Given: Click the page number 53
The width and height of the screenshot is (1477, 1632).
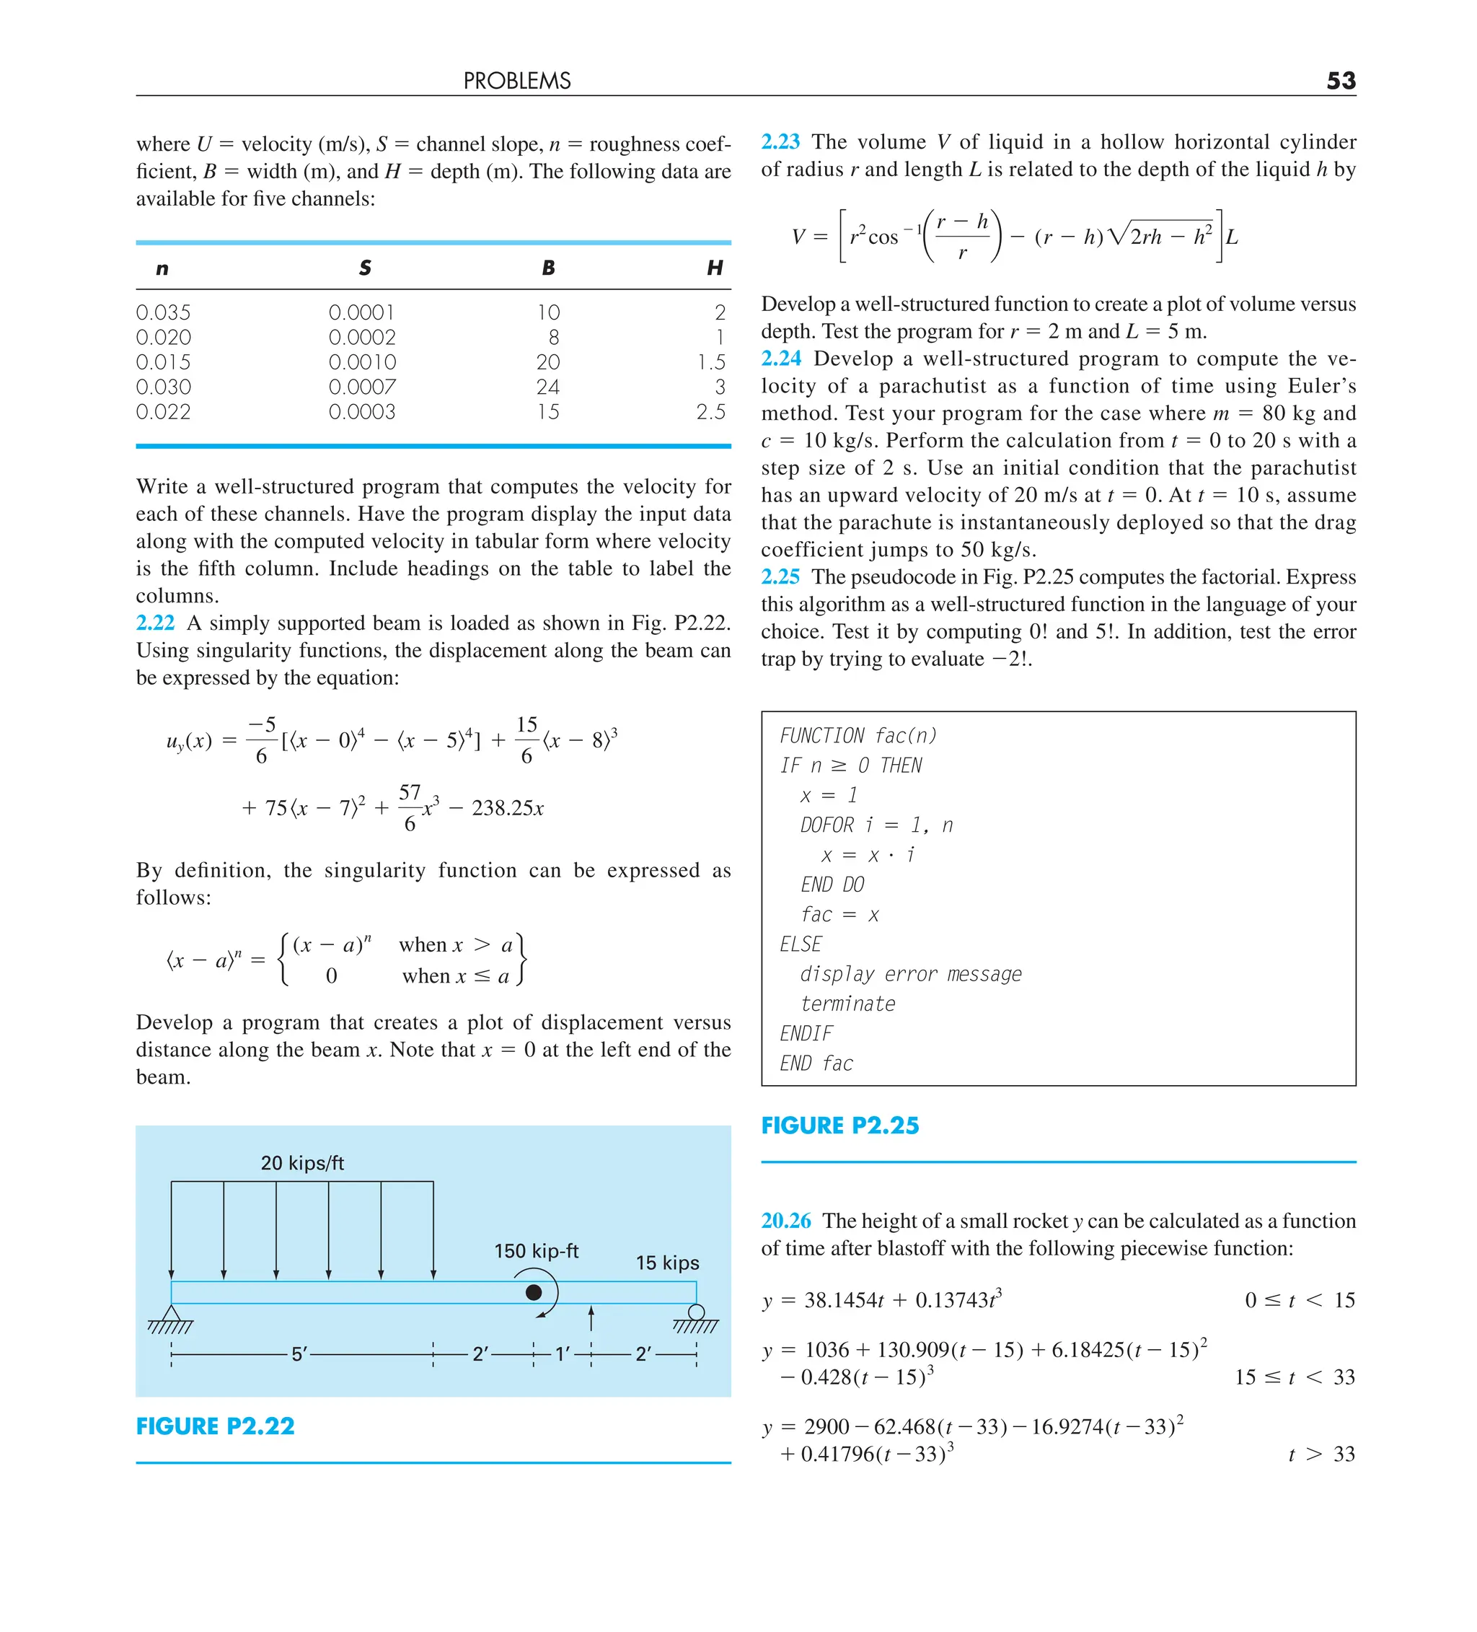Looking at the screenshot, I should (x=1340, y=81).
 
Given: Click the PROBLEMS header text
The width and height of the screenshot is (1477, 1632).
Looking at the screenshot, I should (x=517, y=81).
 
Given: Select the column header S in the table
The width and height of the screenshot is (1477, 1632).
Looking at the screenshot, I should (x=365, y=268).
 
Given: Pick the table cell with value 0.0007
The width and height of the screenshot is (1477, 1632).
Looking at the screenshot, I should (x=362, y=387).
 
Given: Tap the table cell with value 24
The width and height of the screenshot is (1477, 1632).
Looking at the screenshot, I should (x=548, y=387).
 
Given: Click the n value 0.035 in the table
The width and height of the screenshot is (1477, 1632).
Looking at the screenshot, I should (x=164, y=312).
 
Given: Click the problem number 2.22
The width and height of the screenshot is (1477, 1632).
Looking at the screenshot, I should (x=155, y=623).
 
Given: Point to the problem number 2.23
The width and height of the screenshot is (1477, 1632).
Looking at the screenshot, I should (x=780, y=141).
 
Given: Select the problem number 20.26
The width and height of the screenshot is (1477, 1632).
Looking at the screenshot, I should (x=785, y=1221).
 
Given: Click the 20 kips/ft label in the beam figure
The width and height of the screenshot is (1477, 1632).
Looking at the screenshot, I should (x=302, y=1163).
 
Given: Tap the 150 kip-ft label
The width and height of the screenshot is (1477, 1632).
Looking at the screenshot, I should (x=536, y=1252).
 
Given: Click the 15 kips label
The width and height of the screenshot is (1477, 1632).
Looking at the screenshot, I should (x=667, y=1263).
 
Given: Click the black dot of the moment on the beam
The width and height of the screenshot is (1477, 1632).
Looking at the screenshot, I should (x=534, y=1292).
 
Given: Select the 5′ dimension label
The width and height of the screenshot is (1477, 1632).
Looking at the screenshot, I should (x=299, y=1354).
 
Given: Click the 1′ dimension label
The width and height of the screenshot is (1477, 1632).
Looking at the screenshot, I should (x=563, y=1354).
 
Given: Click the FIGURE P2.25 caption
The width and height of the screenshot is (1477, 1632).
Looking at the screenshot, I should (x=839, y=1126).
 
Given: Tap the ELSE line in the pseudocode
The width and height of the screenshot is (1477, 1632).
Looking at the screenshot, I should (x=801, y=944).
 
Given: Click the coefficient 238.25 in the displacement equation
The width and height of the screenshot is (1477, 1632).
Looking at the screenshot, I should (x=502, y=808).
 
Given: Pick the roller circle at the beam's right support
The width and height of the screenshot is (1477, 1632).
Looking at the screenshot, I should (x=696, y=1312).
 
